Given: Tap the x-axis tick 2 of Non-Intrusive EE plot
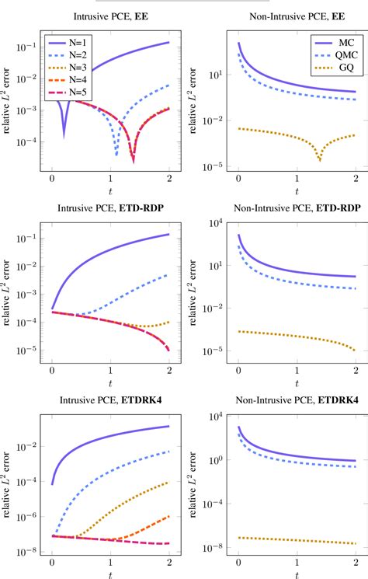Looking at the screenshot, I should coord(355,178).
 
